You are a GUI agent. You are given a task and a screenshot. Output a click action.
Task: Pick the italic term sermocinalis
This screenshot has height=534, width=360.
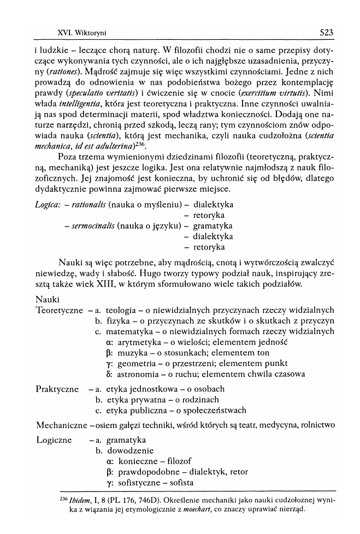pyautogui.click(x=93, y=226)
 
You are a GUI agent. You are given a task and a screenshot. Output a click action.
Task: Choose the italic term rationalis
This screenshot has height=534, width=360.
pyautogui.click(x=86, y=204)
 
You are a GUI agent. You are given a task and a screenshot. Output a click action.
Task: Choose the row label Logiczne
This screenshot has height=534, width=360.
pyautogui.click(x=54, y=440)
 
